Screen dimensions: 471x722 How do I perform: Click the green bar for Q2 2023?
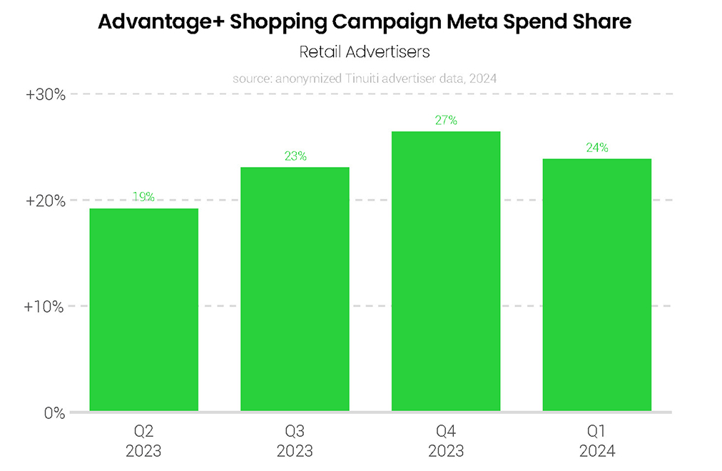[143, 310]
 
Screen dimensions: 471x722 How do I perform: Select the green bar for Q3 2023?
[295, 289]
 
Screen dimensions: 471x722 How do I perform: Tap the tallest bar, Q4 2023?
[446, 271]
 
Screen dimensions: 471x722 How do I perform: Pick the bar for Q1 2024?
[597, 285]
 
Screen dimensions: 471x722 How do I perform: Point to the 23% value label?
[295, 156]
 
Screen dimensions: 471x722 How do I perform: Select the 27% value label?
[446, 121]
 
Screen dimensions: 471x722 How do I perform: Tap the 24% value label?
[597, 148]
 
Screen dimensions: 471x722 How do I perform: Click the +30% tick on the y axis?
[46, 94]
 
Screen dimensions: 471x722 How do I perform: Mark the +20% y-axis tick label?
[46, 201]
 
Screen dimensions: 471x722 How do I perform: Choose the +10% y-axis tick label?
[46, 307]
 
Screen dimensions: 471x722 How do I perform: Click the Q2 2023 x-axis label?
[143, 440]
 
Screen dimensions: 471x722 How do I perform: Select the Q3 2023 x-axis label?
[295, 440]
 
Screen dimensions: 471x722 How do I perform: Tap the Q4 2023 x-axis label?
[446, 440]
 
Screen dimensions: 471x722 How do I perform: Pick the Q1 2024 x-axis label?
[597, 440]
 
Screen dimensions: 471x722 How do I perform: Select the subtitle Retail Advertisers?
[364, 52]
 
